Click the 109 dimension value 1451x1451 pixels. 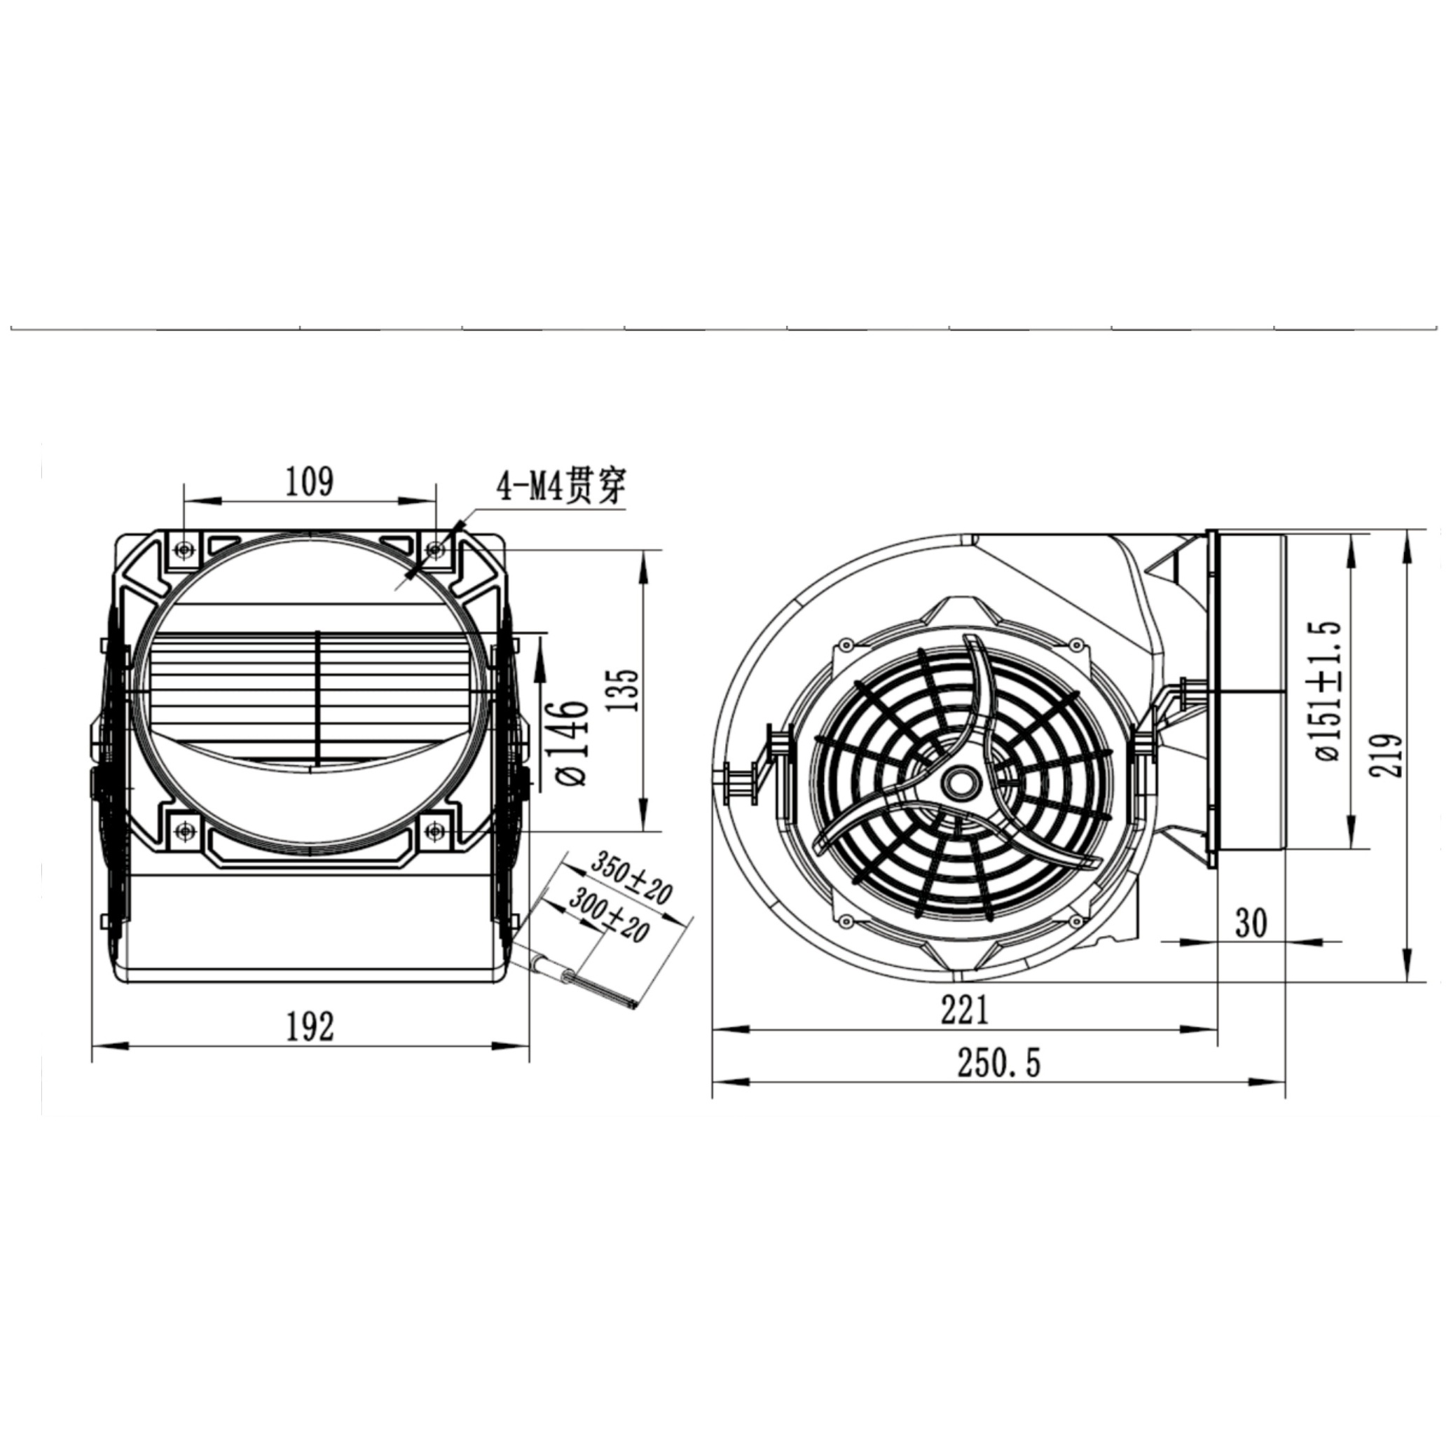(310, 481)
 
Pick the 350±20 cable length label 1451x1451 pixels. (631, 879)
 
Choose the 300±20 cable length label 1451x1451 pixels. (607, 914)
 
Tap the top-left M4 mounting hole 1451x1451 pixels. (184, 551)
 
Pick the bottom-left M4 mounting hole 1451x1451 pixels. (184, 831)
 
